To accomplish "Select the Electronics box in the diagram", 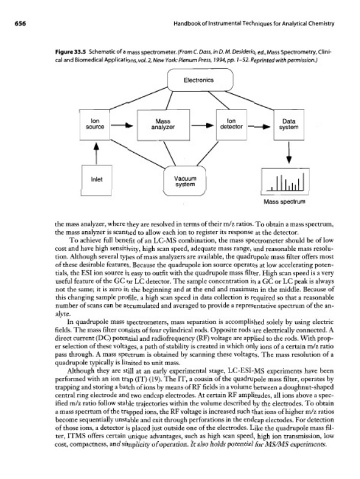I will (191, 77).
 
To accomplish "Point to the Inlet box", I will (96, 177).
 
